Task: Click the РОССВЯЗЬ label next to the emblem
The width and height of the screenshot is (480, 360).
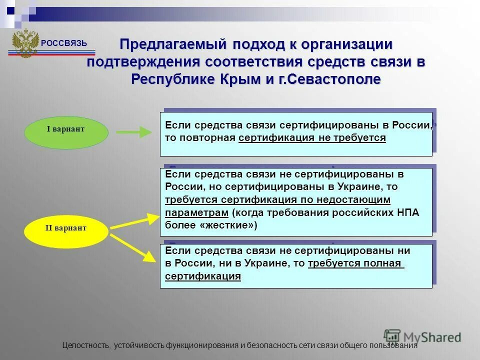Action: click(x=63, y=43)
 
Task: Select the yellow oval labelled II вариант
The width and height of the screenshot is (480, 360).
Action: click(x=66, y=228)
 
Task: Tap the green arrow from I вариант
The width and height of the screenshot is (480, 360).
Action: click(x=133, y=132)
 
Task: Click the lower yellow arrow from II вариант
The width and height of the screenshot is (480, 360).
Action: click(x=133, y=248)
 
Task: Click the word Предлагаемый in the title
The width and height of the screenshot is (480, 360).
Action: click(x=174, y=44)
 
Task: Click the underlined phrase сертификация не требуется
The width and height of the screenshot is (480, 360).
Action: click(x=312, y=138)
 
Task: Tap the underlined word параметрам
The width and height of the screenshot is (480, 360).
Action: click(x=196, y=212)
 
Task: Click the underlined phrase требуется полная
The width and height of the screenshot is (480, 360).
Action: click(x=355, y=263)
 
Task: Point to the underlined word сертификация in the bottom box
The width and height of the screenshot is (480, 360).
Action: click(x=203, y=276)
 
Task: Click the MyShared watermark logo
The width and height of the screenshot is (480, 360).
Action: click(x=422, y=337)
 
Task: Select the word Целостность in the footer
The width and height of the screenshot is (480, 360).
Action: click(x=86, y=345)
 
